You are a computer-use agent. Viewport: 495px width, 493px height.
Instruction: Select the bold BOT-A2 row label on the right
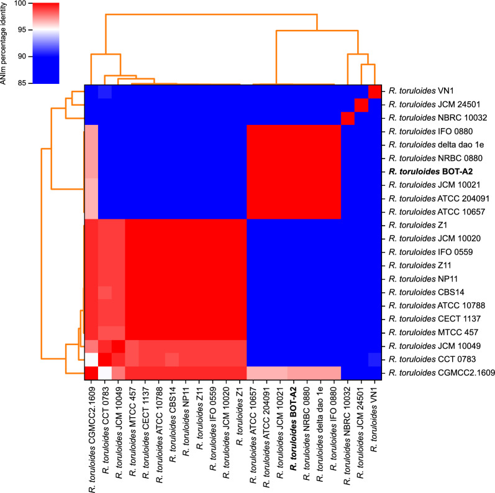click(428, 171)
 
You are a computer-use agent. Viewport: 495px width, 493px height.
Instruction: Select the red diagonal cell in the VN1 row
click(375, 91)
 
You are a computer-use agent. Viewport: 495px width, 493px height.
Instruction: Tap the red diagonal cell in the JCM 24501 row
click(361, 104)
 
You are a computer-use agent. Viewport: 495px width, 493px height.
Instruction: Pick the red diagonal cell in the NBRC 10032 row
click(347, 118)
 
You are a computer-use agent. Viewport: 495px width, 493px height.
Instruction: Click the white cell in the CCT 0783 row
click(91, 360)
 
